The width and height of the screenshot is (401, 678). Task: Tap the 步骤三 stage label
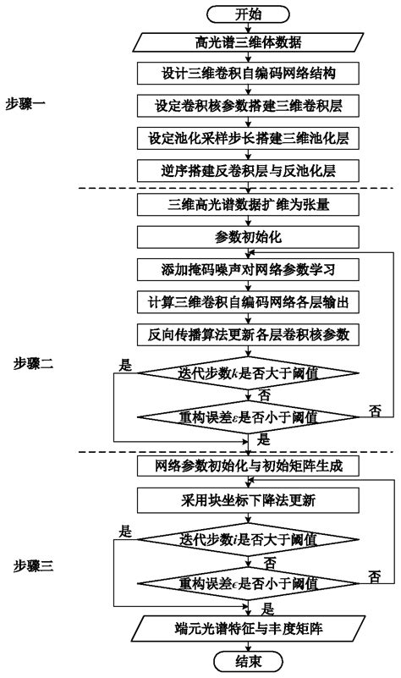pos(34,564)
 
